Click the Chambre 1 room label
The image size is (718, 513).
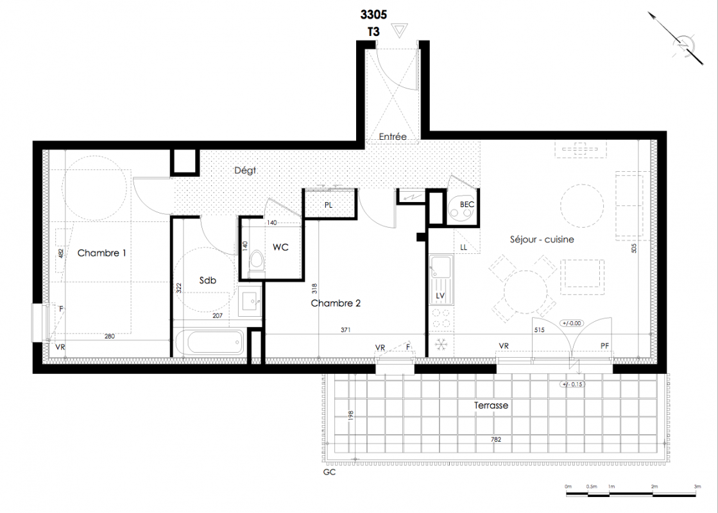(101, 253)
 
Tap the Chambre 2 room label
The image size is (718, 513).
(336, 303)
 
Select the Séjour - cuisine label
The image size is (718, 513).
(542, 239)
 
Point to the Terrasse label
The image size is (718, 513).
(491, 405)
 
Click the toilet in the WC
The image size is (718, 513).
(257, 262)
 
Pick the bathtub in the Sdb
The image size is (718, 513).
(209, 342)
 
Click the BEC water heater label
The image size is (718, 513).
(467, 205)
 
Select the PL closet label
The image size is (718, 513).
(329, 205)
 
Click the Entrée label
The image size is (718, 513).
(393, 137)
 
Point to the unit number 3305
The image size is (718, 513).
(373, 15)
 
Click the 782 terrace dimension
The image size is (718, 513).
(496, 439)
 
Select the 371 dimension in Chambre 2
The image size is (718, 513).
(346, 330)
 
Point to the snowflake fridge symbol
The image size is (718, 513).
(441, 344)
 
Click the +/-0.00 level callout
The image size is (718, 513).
(571, 323)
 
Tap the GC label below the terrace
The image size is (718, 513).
(329, 472)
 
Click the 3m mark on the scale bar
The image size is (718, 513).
(697, 487)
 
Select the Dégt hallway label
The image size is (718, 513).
(245, 171)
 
